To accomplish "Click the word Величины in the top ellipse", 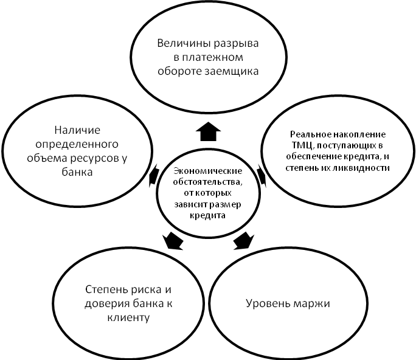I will click(179, 44).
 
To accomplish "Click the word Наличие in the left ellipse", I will click(77, 130).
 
